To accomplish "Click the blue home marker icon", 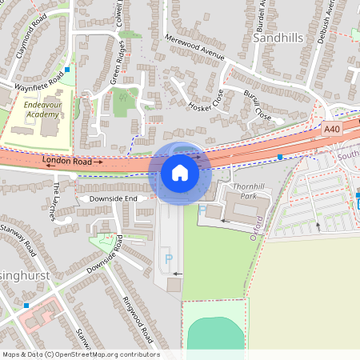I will pyautogui.click(x=180, y=172).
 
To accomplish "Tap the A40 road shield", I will pyautogui.click(x=333, y=128).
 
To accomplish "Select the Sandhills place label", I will pyautogui.click(x=279, y=37).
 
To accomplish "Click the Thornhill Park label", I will pyautogui.click(x=242, y=190).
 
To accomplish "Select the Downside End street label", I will pyautogui.click(x=113, y=198).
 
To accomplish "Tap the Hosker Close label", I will pyautogui.click(x=206, y=100).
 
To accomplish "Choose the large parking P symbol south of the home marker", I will pyautogui.click(x=168, y=258).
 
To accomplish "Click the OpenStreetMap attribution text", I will pyautogui.click(x=81, y=354).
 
